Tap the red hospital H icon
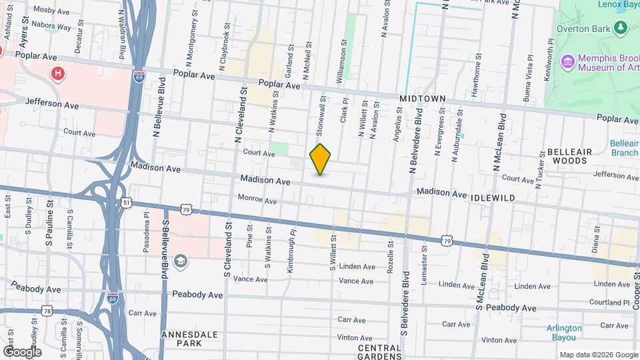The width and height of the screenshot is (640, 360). click(59, 73)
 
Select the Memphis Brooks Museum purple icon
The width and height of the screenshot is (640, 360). click(568, 63)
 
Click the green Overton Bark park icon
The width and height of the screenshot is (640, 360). click(621, 27)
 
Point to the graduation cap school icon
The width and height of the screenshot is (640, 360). click(179, 260)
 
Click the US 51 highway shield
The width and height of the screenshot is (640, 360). click(126, 201)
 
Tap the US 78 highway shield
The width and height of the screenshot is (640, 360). click(46, 311)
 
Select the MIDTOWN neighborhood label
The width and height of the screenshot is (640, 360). click(422, 99)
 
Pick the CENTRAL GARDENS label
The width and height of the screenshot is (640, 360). click(379, 352)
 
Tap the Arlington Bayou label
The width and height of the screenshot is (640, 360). click(564, 332)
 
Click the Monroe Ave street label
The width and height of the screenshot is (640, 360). click(257, 200)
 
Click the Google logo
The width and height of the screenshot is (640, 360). click(22, 351)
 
